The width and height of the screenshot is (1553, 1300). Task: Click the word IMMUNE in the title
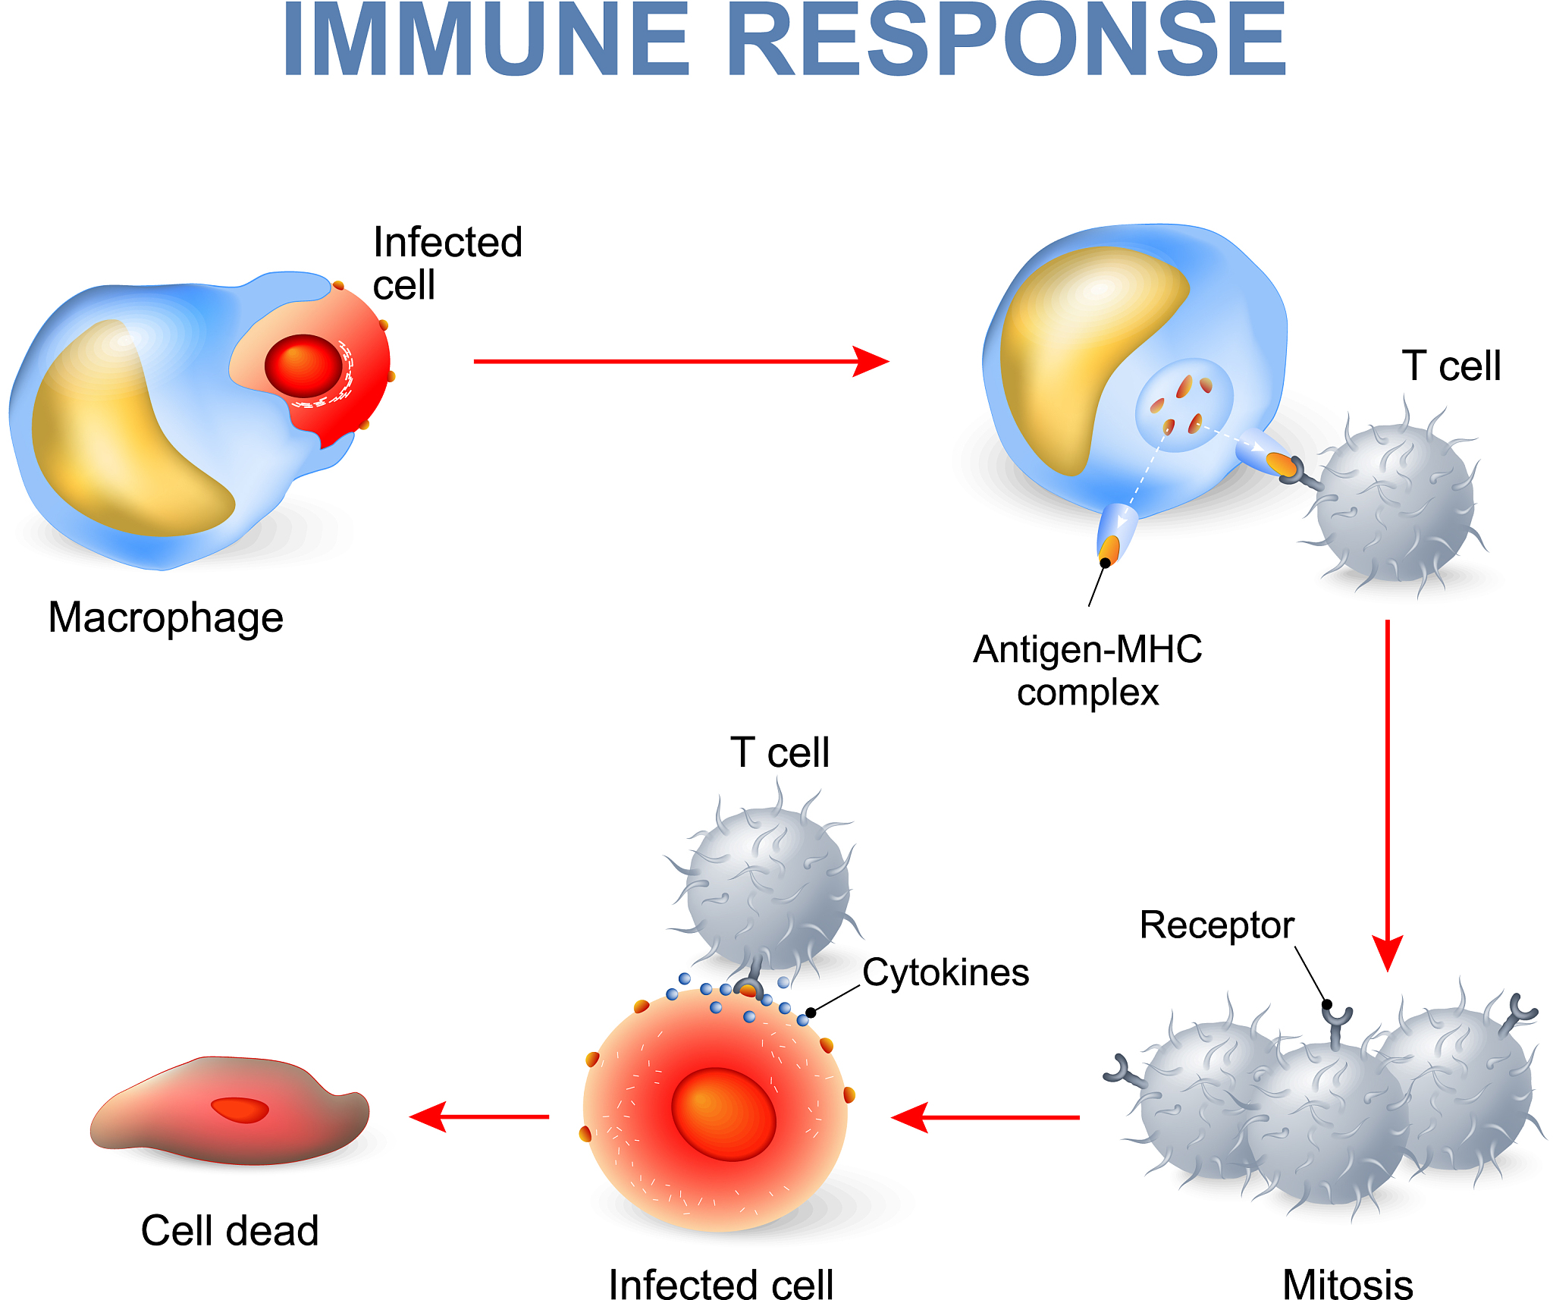(x=485, y=42)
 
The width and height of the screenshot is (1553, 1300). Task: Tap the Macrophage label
(x=165, y=617)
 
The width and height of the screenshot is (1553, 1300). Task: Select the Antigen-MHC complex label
(x=1087, y=670)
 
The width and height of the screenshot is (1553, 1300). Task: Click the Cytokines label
(x=946, y=973)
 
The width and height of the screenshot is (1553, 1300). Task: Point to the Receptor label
(x=1216, y=925)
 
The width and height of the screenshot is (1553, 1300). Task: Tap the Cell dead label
(x=229, y=1230)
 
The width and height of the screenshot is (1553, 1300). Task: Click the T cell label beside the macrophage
(x=1451, y=366)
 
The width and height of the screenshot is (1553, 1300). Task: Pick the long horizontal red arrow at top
(x=679, y=362)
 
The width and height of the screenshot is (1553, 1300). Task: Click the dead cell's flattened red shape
(x=227, y=1115)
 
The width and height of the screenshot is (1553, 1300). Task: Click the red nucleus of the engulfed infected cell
(x=303, y=366)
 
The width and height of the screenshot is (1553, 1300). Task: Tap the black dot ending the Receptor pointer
(x=1327, y=1004)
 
